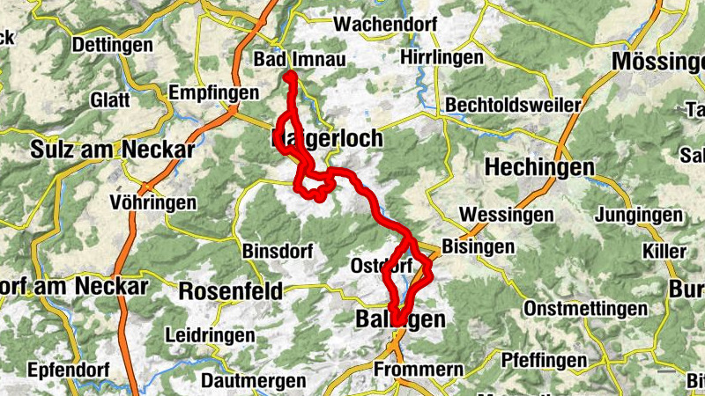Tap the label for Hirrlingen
tap(442, 57)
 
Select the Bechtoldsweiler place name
tap(513, 105)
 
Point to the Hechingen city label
tap(539, 166)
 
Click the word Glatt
tap(109, 99)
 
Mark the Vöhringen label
tap(153, 202)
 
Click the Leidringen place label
tap(210, 335)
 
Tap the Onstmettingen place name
tap(585, 309)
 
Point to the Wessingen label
tap(507, 214)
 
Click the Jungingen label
tap(638, 215)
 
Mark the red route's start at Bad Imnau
tap(289, 77)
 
